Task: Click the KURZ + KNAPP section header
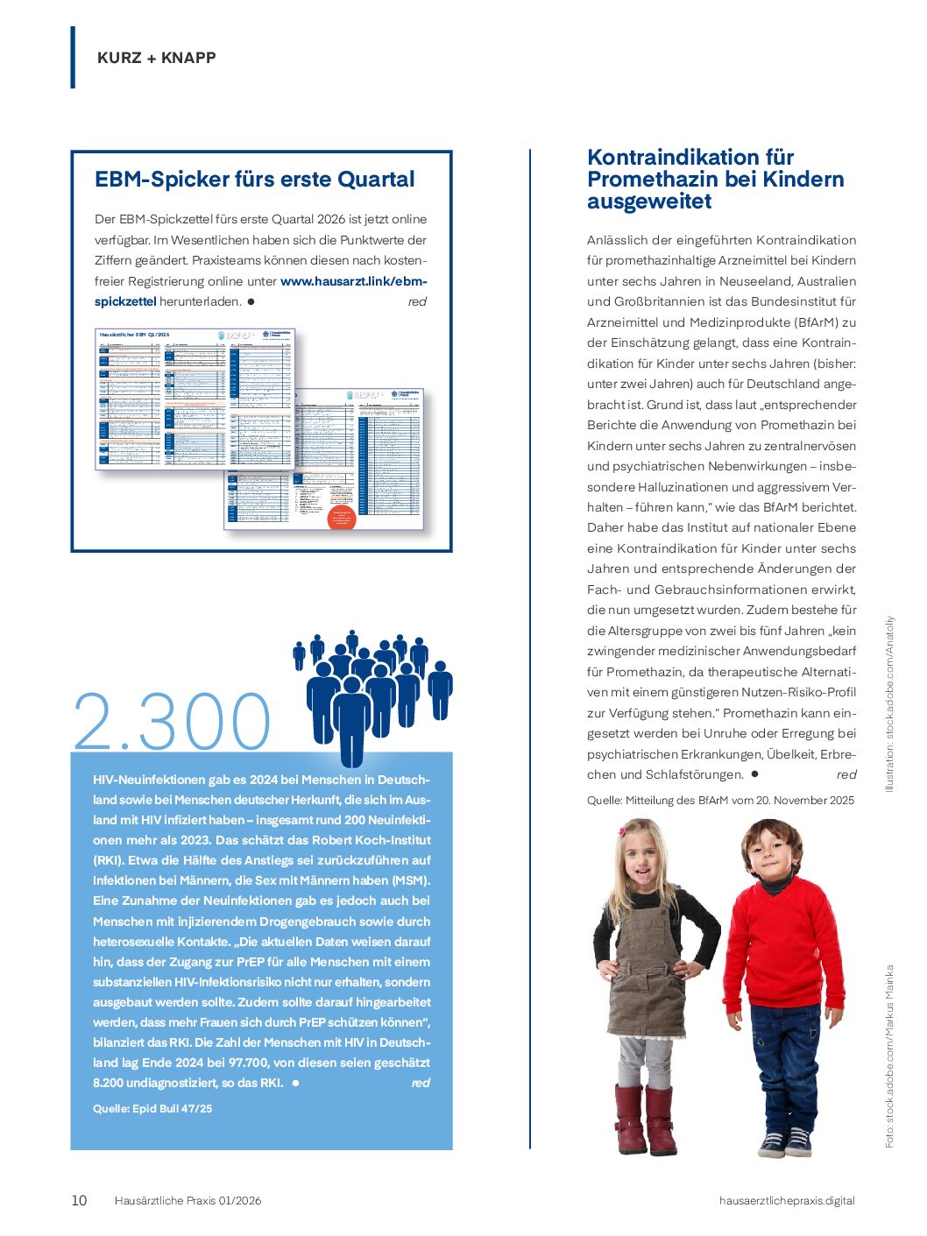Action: pyautogui.click(x=156, y=58)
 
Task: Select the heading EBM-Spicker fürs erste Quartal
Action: pyautogui.click(x=254, y=180)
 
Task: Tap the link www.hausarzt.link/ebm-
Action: pyautogui.click(x=353, y=281)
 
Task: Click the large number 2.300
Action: pyautogui.click(x=173, y=723)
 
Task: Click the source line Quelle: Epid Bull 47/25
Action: pyautogui.click(x=152, y=1108)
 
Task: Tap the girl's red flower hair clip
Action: pyautogui.click(x=624, y=830)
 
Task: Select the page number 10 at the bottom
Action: pyautogui.click(x=79, y=1200)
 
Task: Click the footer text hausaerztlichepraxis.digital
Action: pyautogui.click(x=786, y=1200)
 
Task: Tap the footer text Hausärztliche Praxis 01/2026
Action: pyautogui.click(x=188, y=1200)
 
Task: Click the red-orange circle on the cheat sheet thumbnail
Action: pyautogui.click(x=341, y=517)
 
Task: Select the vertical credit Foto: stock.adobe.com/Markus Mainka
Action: pyautogui.click(x=889, y=1056)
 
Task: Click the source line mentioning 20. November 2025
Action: pyautogui.click(x=720, y=800)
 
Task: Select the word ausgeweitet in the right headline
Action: pyautogui.click(x=649, y=201)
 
